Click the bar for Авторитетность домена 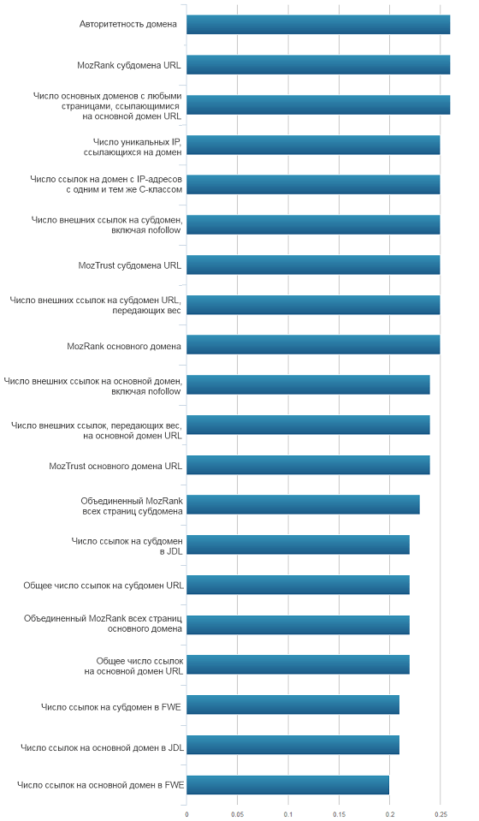[x=318, y=25]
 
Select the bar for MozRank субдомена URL [x=318, y=65]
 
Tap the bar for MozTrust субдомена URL [x=313, y=265]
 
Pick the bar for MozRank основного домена [x=313, y=345]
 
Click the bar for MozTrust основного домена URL [x=308, y=465]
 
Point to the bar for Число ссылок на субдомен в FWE [x=293, y=705]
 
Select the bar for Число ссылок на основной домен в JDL [x=293, y=745]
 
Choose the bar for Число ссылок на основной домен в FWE [x=287, y=785]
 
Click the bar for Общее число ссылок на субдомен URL [x=298, y=585]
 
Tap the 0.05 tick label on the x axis [x=238, y=815]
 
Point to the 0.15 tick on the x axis [x=339, y=815]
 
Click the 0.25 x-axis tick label [x=441, y=815]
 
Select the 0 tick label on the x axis [x=186, y=815]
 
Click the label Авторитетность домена [x=128, y=24]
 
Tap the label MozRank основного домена [x=124, y=346]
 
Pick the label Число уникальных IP [x=137, y=142]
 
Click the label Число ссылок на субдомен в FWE [x=111, y=707]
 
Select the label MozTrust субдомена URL [x=130, y=265]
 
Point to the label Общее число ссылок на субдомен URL [x=103, y=586]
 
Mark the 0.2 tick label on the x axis [x=389, y=815]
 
